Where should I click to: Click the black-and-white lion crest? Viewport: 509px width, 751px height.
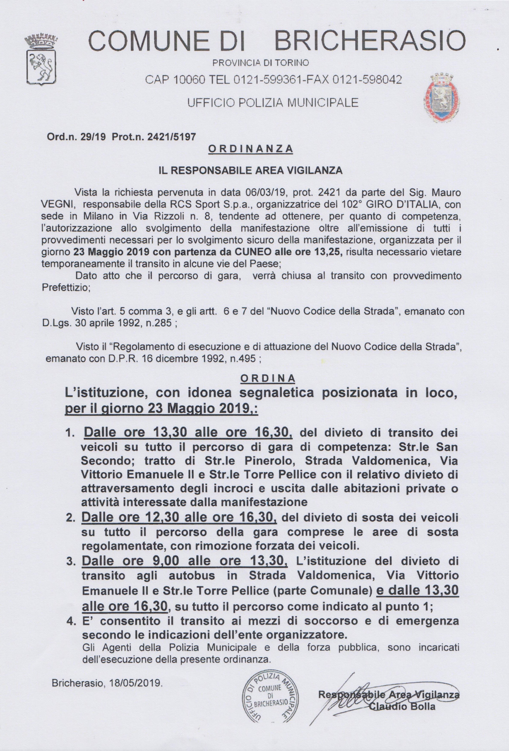pos(40,61)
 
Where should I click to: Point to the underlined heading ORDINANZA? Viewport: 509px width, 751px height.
pos(250,149)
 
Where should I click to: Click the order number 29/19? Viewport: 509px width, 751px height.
pos(93,137)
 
